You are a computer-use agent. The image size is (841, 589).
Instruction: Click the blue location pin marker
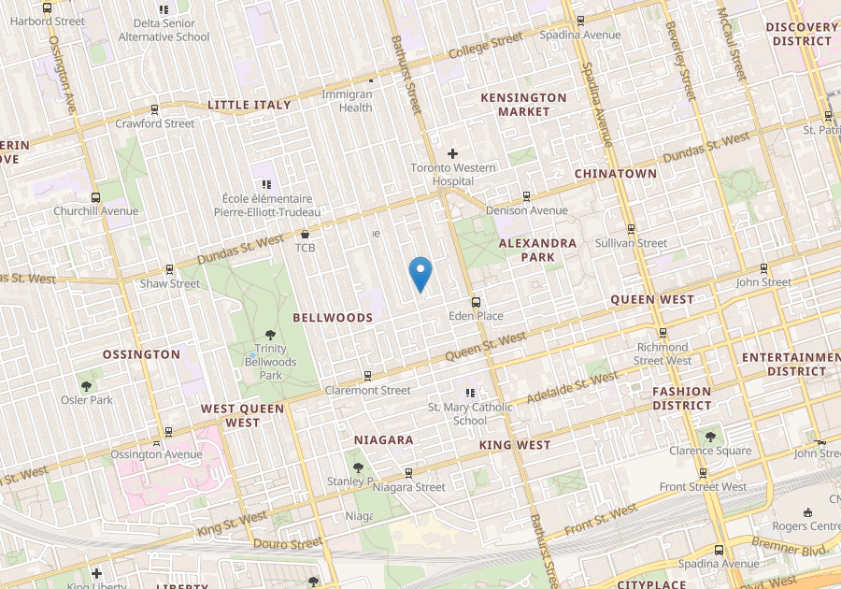(421, 273)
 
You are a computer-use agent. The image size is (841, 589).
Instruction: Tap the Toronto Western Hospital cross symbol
(453, 152)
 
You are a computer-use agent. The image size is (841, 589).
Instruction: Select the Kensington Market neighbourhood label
(523, 104)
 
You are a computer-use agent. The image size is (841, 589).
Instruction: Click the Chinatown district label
(615, 174)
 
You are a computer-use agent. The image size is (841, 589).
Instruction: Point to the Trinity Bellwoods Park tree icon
(270, 335)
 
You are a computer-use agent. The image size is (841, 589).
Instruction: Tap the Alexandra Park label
(537, 250)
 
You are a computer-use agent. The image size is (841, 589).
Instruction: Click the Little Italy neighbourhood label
(249, 105)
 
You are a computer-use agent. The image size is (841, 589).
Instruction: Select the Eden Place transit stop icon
(476, 302)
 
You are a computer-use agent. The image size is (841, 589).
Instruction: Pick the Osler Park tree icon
(87, 385)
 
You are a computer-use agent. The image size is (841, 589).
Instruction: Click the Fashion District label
(681, 398)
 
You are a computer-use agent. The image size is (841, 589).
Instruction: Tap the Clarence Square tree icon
(710, 436)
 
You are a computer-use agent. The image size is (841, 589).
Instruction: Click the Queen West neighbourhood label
(652, 299)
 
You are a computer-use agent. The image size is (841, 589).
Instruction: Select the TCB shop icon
(305, 234)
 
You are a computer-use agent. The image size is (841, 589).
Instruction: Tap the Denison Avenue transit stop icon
(526, 196)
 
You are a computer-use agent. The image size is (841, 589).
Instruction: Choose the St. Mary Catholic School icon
(470, 394)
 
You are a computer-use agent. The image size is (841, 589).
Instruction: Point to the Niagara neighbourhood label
(384, 439)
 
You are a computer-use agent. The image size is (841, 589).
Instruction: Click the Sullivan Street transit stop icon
(631, 229)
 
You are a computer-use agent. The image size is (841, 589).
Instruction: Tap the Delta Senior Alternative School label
(164, 30)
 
